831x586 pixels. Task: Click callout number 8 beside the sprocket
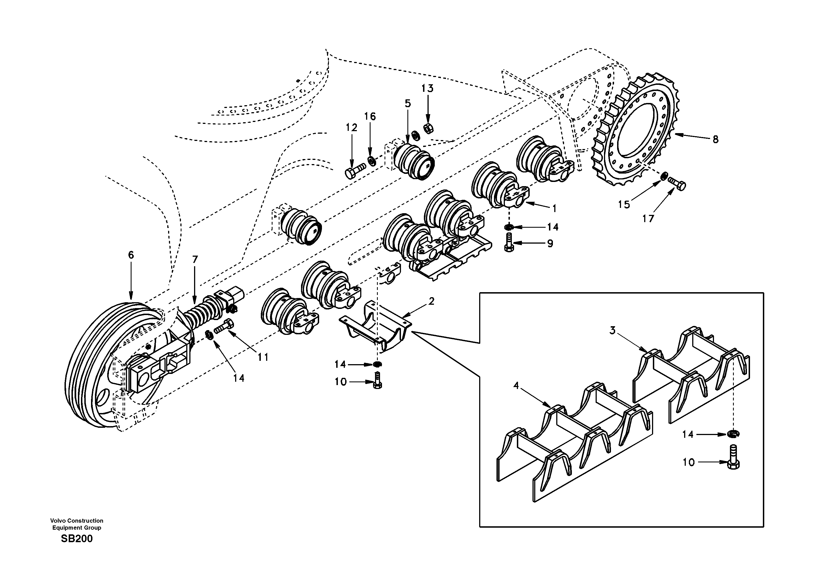(715, 139)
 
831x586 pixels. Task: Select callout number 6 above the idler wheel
(131, 255)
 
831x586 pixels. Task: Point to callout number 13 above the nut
(427, 88)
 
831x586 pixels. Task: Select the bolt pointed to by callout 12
(355, 171)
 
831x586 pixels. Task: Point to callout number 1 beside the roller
(554, 208)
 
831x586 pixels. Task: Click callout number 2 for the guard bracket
(431, 301)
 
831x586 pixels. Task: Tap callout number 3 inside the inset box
(612, 330)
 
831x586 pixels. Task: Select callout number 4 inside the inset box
(516, 386)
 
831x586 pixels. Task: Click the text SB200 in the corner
(77, 539)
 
